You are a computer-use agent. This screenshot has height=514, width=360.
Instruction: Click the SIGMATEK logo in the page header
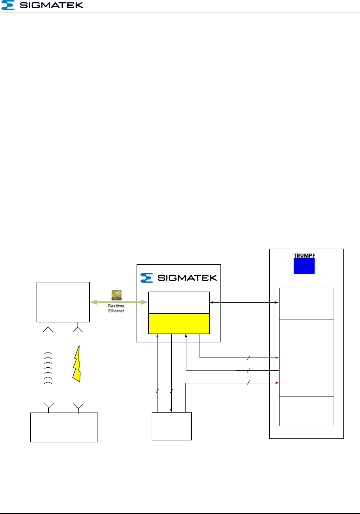42,5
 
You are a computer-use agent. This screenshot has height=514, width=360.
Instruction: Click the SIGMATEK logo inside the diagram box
178,278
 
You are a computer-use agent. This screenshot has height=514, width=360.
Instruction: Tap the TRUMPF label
304,255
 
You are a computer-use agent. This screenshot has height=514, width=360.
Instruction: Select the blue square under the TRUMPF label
304,266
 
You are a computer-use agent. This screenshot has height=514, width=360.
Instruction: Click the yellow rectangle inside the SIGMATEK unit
179,323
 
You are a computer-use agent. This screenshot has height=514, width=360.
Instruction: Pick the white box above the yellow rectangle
179,303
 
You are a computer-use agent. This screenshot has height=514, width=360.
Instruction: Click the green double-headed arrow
119,302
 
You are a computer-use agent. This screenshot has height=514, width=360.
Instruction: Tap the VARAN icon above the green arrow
117,294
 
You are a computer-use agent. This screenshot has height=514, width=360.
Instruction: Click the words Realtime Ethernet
117,309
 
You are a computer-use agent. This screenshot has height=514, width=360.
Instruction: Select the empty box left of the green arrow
63,302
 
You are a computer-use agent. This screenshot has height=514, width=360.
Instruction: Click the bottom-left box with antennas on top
64,427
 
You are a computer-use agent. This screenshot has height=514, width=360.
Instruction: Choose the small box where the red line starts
172,426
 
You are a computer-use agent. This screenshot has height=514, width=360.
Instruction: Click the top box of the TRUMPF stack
306,303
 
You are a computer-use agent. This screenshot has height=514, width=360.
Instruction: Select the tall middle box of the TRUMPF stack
306,357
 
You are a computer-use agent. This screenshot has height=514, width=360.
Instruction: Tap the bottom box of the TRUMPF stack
306,411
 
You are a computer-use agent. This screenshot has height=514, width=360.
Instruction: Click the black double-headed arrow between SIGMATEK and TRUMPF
244,303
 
